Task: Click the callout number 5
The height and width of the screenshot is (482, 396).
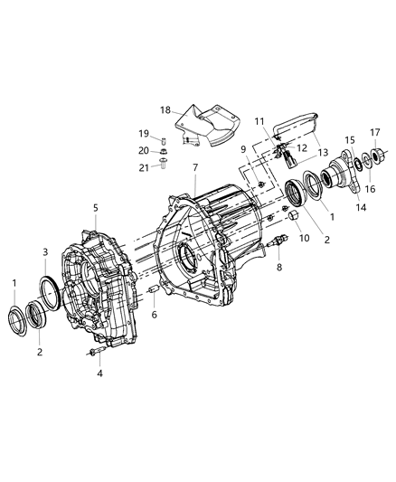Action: pos(95,208)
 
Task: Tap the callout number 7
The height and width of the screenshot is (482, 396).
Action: pos(193,167)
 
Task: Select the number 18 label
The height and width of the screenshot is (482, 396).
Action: pos(165,109)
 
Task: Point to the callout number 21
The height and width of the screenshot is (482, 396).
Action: pos(142,167)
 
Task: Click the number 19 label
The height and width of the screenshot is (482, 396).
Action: pos(143,133)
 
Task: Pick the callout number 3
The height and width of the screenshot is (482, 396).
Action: pos(45,251)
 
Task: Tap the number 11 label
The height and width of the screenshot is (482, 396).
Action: pos(259,119)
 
